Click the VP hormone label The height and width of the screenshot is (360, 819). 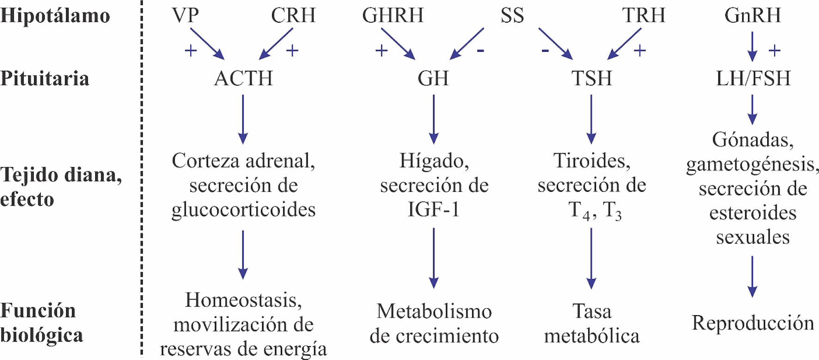[185, 15]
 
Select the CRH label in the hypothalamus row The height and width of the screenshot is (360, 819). [293, 15]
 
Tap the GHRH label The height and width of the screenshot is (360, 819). [393, 15]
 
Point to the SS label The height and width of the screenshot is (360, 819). [512, 15]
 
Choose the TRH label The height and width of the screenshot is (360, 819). [643, 15]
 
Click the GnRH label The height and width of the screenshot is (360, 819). [752, 15]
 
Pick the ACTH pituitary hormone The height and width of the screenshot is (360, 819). [244, 78]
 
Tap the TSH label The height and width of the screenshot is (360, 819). [592, 78]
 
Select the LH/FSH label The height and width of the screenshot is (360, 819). [753, 78]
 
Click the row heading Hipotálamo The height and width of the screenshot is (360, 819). [55, 15]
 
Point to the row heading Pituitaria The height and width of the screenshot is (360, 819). [45, 78]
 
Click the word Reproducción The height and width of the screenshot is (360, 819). [753, 323]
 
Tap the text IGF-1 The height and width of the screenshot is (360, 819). [434, 209]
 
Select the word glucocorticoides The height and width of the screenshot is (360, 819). [244, 209]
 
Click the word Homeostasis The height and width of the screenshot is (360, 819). [244, 300]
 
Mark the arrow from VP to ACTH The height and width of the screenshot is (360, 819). [207, 43]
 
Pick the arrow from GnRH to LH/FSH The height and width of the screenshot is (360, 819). [752, 46]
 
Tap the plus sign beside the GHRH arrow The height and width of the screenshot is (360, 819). [381, 50]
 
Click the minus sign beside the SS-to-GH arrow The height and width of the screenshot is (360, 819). [481, 50]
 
